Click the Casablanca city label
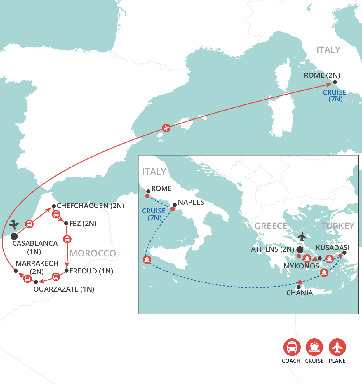point(35,243)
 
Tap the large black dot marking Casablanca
point(14,236)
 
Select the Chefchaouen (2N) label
point(90,206)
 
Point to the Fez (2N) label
point(83,224)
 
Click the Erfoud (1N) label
point(91,271)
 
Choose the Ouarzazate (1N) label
point(64,289)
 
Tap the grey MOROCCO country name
point(93,253)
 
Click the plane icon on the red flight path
point(166,128)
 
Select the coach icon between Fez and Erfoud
point(67,239)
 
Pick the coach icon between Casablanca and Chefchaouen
point(29,224)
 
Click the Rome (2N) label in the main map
point(322,75)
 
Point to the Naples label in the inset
point(191,202)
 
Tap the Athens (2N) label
point(273,249)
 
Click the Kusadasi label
point(333,248)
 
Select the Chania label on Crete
point(300,293)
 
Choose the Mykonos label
point(301,266)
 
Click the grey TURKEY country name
point(337,226)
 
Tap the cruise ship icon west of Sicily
point(147,259)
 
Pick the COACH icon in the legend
point(292,347)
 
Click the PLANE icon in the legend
point(337,347)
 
